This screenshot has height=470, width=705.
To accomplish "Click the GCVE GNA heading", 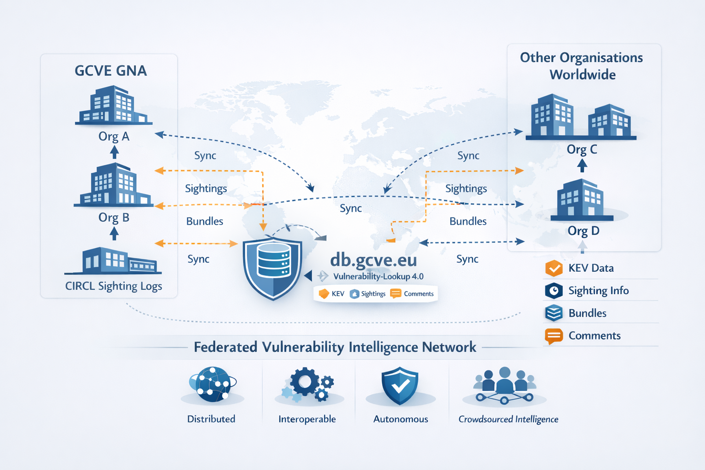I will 111,71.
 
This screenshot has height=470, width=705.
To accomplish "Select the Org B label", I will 114,217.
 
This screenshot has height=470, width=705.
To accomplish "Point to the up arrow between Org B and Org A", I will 114,152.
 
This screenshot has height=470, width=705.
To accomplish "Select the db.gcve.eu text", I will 373,260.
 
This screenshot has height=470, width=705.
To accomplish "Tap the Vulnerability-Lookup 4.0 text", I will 378,276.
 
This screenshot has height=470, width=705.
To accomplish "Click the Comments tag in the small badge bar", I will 412,294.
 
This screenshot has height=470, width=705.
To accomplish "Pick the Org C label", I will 582,149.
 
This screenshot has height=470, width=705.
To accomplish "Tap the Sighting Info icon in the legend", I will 554,291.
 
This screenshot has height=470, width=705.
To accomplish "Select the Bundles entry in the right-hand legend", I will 587,313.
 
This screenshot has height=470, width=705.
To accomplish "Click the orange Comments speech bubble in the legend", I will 554,336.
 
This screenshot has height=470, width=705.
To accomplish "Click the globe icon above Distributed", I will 212,385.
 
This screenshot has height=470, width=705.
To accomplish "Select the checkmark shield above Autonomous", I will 400,386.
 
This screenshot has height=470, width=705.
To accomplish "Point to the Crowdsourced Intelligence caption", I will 508,419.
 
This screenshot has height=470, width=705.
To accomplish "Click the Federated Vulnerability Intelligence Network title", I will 335,347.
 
